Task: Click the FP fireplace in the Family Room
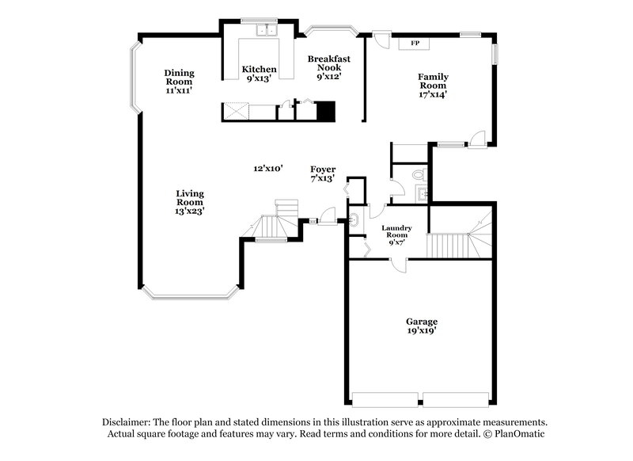click(415, 43)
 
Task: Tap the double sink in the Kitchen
click(265, 31)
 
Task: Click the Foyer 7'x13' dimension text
click(322, 179)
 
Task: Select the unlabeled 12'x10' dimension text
click(268, 168)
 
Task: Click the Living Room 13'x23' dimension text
click(190, 211)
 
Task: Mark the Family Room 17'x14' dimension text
click(433, 94)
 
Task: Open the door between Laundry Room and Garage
click(394, 266)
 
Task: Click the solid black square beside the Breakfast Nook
click(326, 111)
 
